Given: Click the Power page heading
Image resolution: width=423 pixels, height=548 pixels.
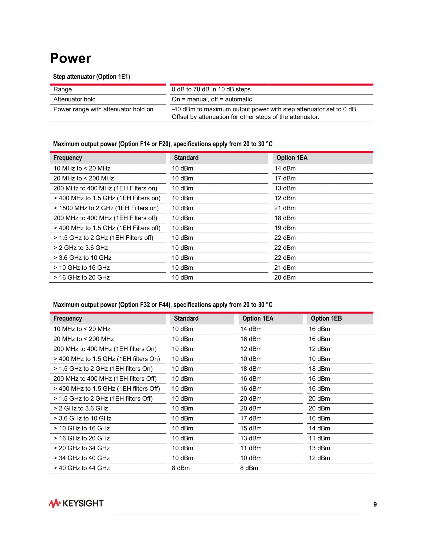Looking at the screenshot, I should point(70,58).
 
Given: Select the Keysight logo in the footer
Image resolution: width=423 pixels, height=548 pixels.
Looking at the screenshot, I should point(76,504).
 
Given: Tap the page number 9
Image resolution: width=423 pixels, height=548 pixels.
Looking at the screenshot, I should point(375,504).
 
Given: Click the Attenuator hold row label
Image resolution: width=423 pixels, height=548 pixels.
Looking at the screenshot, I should point(74,99).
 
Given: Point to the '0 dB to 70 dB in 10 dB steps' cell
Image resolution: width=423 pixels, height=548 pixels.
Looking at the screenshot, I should point(211,89).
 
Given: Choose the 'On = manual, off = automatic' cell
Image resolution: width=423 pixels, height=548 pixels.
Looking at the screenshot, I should point(212,99).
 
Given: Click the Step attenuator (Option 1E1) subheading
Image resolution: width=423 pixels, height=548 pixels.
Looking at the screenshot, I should point(91,77).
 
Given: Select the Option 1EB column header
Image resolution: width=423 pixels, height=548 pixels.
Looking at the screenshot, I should point(326,318).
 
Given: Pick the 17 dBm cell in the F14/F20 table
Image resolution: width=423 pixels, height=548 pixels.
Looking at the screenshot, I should point(285,178).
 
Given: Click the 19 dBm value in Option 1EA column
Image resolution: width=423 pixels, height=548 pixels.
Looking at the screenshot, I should point(285,228).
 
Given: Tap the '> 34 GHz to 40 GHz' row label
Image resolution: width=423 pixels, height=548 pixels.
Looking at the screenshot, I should point(82,458).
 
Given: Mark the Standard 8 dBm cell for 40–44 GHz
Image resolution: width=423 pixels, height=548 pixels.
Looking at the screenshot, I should point(181,468).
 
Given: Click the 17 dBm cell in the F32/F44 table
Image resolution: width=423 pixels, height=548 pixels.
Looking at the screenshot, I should point(251,419).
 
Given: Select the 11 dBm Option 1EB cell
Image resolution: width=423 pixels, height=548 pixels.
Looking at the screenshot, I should point(319,438).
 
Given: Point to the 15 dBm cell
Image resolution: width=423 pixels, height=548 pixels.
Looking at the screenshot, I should point(251,428).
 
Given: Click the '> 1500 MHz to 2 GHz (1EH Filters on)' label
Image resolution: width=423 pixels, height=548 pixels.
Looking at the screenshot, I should point(106,208).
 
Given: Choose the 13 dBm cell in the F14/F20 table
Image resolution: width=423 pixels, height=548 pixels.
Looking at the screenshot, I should point(285,188).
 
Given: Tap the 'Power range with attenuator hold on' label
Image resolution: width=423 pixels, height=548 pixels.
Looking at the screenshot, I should point(103,109).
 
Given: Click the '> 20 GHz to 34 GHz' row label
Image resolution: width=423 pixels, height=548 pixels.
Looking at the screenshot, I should point(82,448).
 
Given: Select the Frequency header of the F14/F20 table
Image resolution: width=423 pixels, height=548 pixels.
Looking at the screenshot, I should point(68,158).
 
